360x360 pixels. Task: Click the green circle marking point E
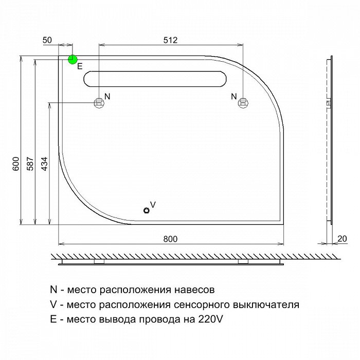[x=73, y=60]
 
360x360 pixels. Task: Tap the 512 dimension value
[x=170, y=40]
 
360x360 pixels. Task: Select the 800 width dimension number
[x=170, y=239]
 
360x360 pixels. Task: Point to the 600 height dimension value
[x=16, y=164]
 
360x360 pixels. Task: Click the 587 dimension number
[x=30, y=164]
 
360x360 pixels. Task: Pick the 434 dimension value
[x=45, y=164]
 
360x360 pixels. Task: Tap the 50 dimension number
[x=47, y=40]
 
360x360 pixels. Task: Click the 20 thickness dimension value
[x=342, y=239]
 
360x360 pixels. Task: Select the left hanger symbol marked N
[x=99, y=102]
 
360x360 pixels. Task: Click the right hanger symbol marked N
[x=243, y=102]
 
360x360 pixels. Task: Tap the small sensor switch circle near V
[x=147, y=210]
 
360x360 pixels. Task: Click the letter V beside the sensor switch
[x=153, y=204]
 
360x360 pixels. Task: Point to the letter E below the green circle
[x=80, y=66]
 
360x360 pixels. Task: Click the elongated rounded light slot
[x=155, y=79]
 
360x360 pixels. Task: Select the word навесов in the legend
[x=194, y=290]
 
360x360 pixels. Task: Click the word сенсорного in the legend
[x=202, y=305]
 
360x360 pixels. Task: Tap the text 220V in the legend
[x=210, y=319]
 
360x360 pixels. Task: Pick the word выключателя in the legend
[x=266, y=305]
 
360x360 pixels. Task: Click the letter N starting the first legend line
[x=53, y=289]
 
